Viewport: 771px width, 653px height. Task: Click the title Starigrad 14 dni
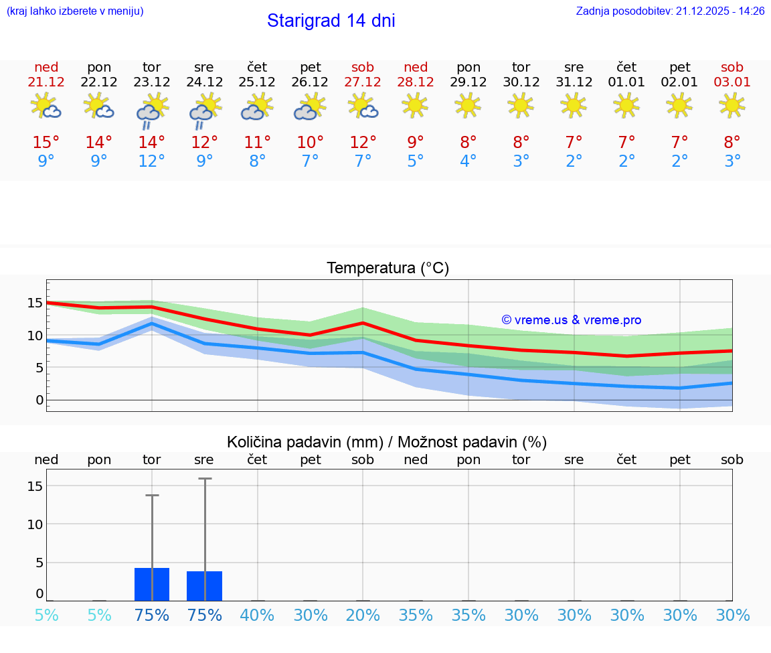(331, 21)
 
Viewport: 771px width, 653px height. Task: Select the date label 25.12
(257, 82)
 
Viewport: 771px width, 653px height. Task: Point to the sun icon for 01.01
(626, 105)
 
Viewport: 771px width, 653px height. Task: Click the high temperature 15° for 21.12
(46, 143)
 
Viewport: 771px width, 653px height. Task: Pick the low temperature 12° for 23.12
(152, 161)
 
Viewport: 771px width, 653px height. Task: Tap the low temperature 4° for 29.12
(468, 161)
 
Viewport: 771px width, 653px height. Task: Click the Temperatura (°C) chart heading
(388, 269)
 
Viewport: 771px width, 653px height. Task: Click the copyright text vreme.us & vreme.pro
(571, 320)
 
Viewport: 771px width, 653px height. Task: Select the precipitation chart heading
(387, 442)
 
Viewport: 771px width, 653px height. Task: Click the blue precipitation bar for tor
(152, 585)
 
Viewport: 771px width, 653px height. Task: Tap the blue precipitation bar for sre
(204, 586)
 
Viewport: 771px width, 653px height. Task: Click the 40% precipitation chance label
(257, 615)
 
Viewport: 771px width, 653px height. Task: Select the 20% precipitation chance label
(363, 615)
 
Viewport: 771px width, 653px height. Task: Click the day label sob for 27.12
(363, 68)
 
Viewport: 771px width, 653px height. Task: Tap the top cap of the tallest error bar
(205, 479)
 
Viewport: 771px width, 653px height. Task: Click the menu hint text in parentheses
(74, 11)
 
